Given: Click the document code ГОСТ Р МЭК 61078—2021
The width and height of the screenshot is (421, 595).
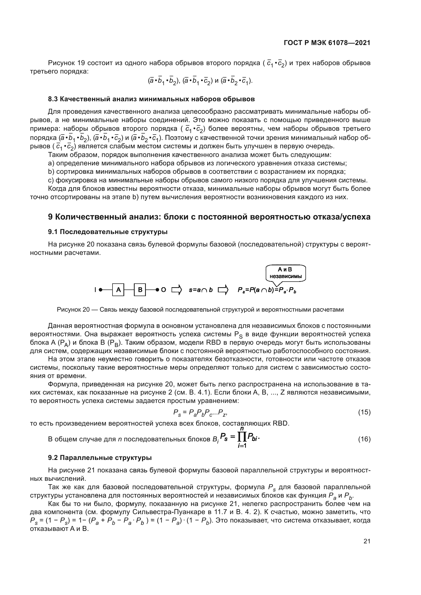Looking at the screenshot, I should [327, 43].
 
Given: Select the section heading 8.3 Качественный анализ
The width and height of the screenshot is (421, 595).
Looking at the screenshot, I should [151, 99].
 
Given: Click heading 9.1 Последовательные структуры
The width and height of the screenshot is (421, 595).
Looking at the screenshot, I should [108, 232].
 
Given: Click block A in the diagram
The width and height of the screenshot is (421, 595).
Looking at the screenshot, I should [118, 290].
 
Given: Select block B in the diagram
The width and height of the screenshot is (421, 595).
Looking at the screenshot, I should [140, 290].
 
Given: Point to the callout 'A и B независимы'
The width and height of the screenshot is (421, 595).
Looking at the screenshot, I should [286, 273].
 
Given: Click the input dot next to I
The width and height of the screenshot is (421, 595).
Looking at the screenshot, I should [101, 290].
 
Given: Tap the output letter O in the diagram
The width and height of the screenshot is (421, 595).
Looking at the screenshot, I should [164, 290].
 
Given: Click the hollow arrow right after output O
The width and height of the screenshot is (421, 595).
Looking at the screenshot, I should [177, 290].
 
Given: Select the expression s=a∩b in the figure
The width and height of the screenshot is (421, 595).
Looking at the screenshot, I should [201, 290].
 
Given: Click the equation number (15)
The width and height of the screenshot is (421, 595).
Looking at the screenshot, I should [364, 412].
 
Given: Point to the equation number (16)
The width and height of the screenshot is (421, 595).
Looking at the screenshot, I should [364, 439].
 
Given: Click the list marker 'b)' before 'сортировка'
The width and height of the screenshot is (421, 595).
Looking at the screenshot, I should [51, 172].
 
